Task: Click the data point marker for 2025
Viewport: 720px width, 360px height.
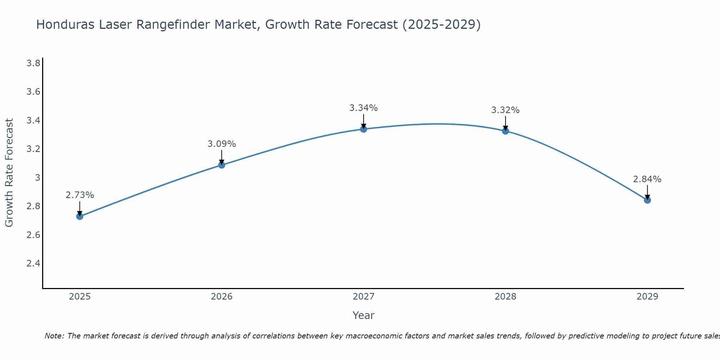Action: pyautogui.click(x=80, y=216)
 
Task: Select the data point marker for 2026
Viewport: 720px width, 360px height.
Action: pyautogui.click(x=222, y=165)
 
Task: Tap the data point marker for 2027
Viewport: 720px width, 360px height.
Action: pyautogui.click(x=364, y=129)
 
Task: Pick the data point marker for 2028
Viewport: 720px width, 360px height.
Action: pyautogui.click(x=505, y=131)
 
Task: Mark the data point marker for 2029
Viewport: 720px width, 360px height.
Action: pyautogui.click(x=647, y=200)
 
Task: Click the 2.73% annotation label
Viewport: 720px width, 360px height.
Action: pyautogui.click(x=80, y=195)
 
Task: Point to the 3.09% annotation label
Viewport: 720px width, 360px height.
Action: pyautogui.click(x=222, y=144)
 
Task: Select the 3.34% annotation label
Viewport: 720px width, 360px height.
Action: pyautogui.click(x=364, y=108)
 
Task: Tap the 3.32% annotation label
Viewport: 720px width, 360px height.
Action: pyautogui.click(x=505, y=110)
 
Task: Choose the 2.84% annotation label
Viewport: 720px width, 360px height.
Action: pyautogui.click(x=647, y=179)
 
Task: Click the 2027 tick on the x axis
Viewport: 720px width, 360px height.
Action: pyautogui.click(x=364, y=297)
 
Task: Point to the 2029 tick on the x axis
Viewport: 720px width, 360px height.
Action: pyautogui.click(x=647, y=297)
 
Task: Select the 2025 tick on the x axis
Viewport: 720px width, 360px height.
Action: pyautogui.click(x=80, y=297)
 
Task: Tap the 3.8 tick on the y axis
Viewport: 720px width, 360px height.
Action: pyautogui.click(x=33, y=63)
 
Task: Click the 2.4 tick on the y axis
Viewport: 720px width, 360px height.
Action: pyautogui.click(x=33, y=264)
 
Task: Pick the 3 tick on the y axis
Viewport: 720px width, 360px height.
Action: pyautogui.click(x=37, y=178)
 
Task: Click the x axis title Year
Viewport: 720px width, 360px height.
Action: pyautogui.click(x=364, y=315)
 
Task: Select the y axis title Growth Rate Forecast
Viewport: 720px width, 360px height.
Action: pyautogui.click(x=9, y=173)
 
